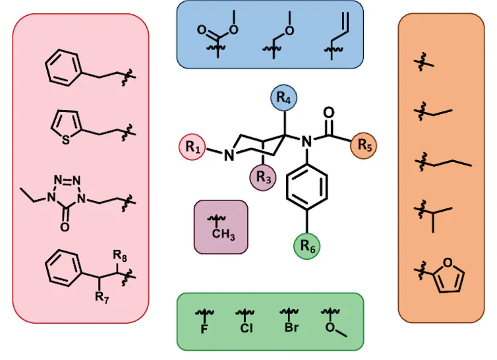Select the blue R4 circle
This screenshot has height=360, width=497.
tap(284, 99)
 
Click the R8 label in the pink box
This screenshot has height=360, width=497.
tap(120, 253)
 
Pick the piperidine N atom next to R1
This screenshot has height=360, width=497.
tap(228, 156)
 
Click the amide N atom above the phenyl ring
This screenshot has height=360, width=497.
tap(305, 140)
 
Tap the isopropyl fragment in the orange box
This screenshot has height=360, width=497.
tap(430, 214)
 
